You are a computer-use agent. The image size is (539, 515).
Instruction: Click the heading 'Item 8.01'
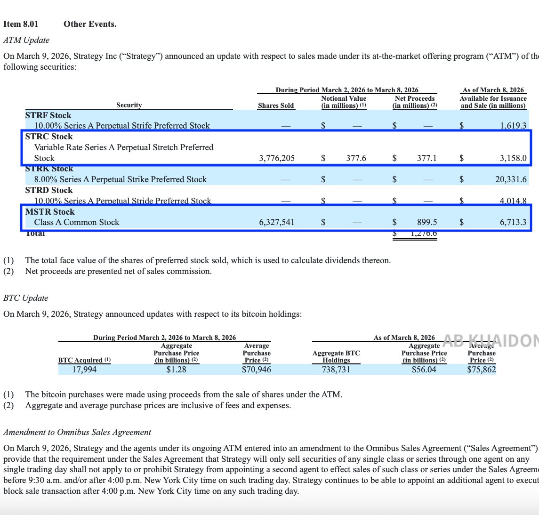21,24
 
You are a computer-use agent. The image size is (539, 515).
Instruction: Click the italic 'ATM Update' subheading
26,40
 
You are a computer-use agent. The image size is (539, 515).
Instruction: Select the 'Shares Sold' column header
276,105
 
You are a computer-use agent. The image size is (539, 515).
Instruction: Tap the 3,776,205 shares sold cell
277,158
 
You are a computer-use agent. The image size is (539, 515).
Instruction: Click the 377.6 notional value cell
356,158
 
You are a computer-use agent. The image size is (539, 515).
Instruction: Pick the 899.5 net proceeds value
427,222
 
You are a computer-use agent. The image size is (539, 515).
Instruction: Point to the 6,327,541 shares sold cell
277,222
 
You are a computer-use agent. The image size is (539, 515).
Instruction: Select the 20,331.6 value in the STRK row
510,179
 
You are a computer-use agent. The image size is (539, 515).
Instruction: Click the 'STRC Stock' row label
49,137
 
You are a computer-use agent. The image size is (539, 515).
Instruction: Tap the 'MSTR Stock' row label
50,212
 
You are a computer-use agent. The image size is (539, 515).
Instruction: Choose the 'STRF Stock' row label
48,115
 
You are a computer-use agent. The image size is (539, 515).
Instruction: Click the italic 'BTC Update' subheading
26,298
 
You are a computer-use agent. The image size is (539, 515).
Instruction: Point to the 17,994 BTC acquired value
84,370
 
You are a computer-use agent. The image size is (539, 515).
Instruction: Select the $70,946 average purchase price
257,370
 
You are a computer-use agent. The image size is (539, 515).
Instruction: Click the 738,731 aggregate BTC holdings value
336,370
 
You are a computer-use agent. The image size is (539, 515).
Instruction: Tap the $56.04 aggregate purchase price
424,370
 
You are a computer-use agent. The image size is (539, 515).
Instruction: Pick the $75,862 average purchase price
481,370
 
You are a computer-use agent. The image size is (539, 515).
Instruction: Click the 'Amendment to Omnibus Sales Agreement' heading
77,432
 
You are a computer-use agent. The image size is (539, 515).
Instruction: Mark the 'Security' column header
129,105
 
